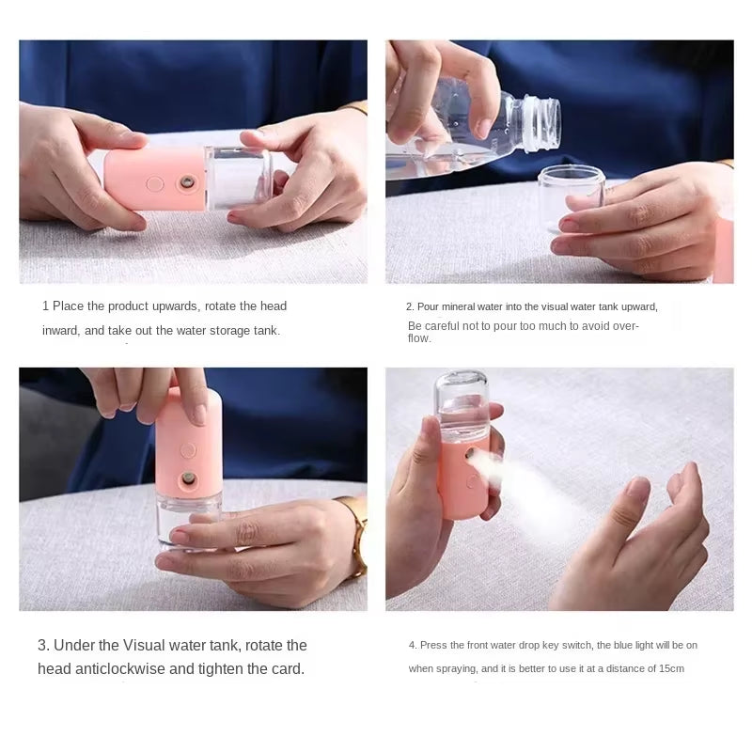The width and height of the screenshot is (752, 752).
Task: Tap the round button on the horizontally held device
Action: (155, 184)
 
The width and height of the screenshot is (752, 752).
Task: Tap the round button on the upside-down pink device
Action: (188, 450)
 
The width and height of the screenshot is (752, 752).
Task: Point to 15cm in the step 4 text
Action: (670, 669)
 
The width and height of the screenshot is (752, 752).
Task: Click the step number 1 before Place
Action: (45, 306)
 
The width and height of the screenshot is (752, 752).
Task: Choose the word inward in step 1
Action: (60, 331)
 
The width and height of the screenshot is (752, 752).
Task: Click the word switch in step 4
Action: (575, 645)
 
